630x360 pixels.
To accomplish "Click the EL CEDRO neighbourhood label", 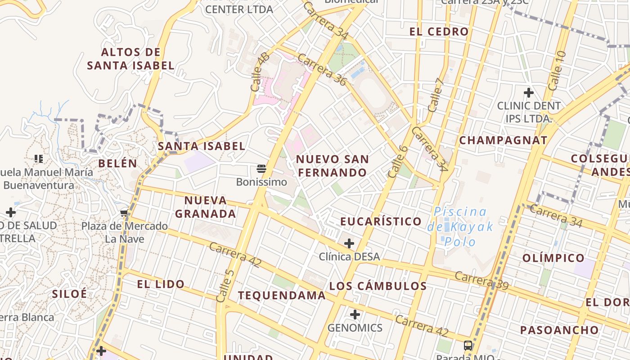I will click(x=439, y=31).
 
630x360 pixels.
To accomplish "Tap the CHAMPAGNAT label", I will click(x=503, y=140).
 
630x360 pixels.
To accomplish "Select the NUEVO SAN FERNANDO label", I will click(x=333, y=166).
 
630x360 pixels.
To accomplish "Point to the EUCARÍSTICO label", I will click(x=381, y=221).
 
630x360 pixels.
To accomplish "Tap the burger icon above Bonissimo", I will click(x=261, y=169).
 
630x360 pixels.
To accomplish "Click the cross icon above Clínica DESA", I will click(x=349, y=243).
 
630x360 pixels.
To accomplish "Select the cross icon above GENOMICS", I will click(x=355, y=314).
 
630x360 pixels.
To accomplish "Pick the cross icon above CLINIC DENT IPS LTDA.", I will click(x=528, y=93).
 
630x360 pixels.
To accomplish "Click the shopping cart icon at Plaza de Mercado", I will click(x=125, y=213).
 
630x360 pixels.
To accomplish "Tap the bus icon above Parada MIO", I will click(x=468, y=346).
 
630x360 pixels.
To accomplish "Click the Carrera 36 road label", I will click(x=322, y=69).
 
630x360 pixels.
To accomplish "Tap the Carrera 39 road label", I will click(x=481, y=281).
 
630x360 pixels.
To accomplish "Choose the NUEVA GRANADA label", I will click(x=206, y=207).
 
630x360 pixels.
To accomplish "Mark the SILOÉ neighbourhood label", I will click(x=69, y=294).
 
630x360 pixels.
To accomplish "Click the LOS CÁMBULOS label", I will click(x=378, y=286).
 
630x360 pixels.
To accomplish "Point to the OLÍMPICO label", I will click(x=553, y=258).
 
